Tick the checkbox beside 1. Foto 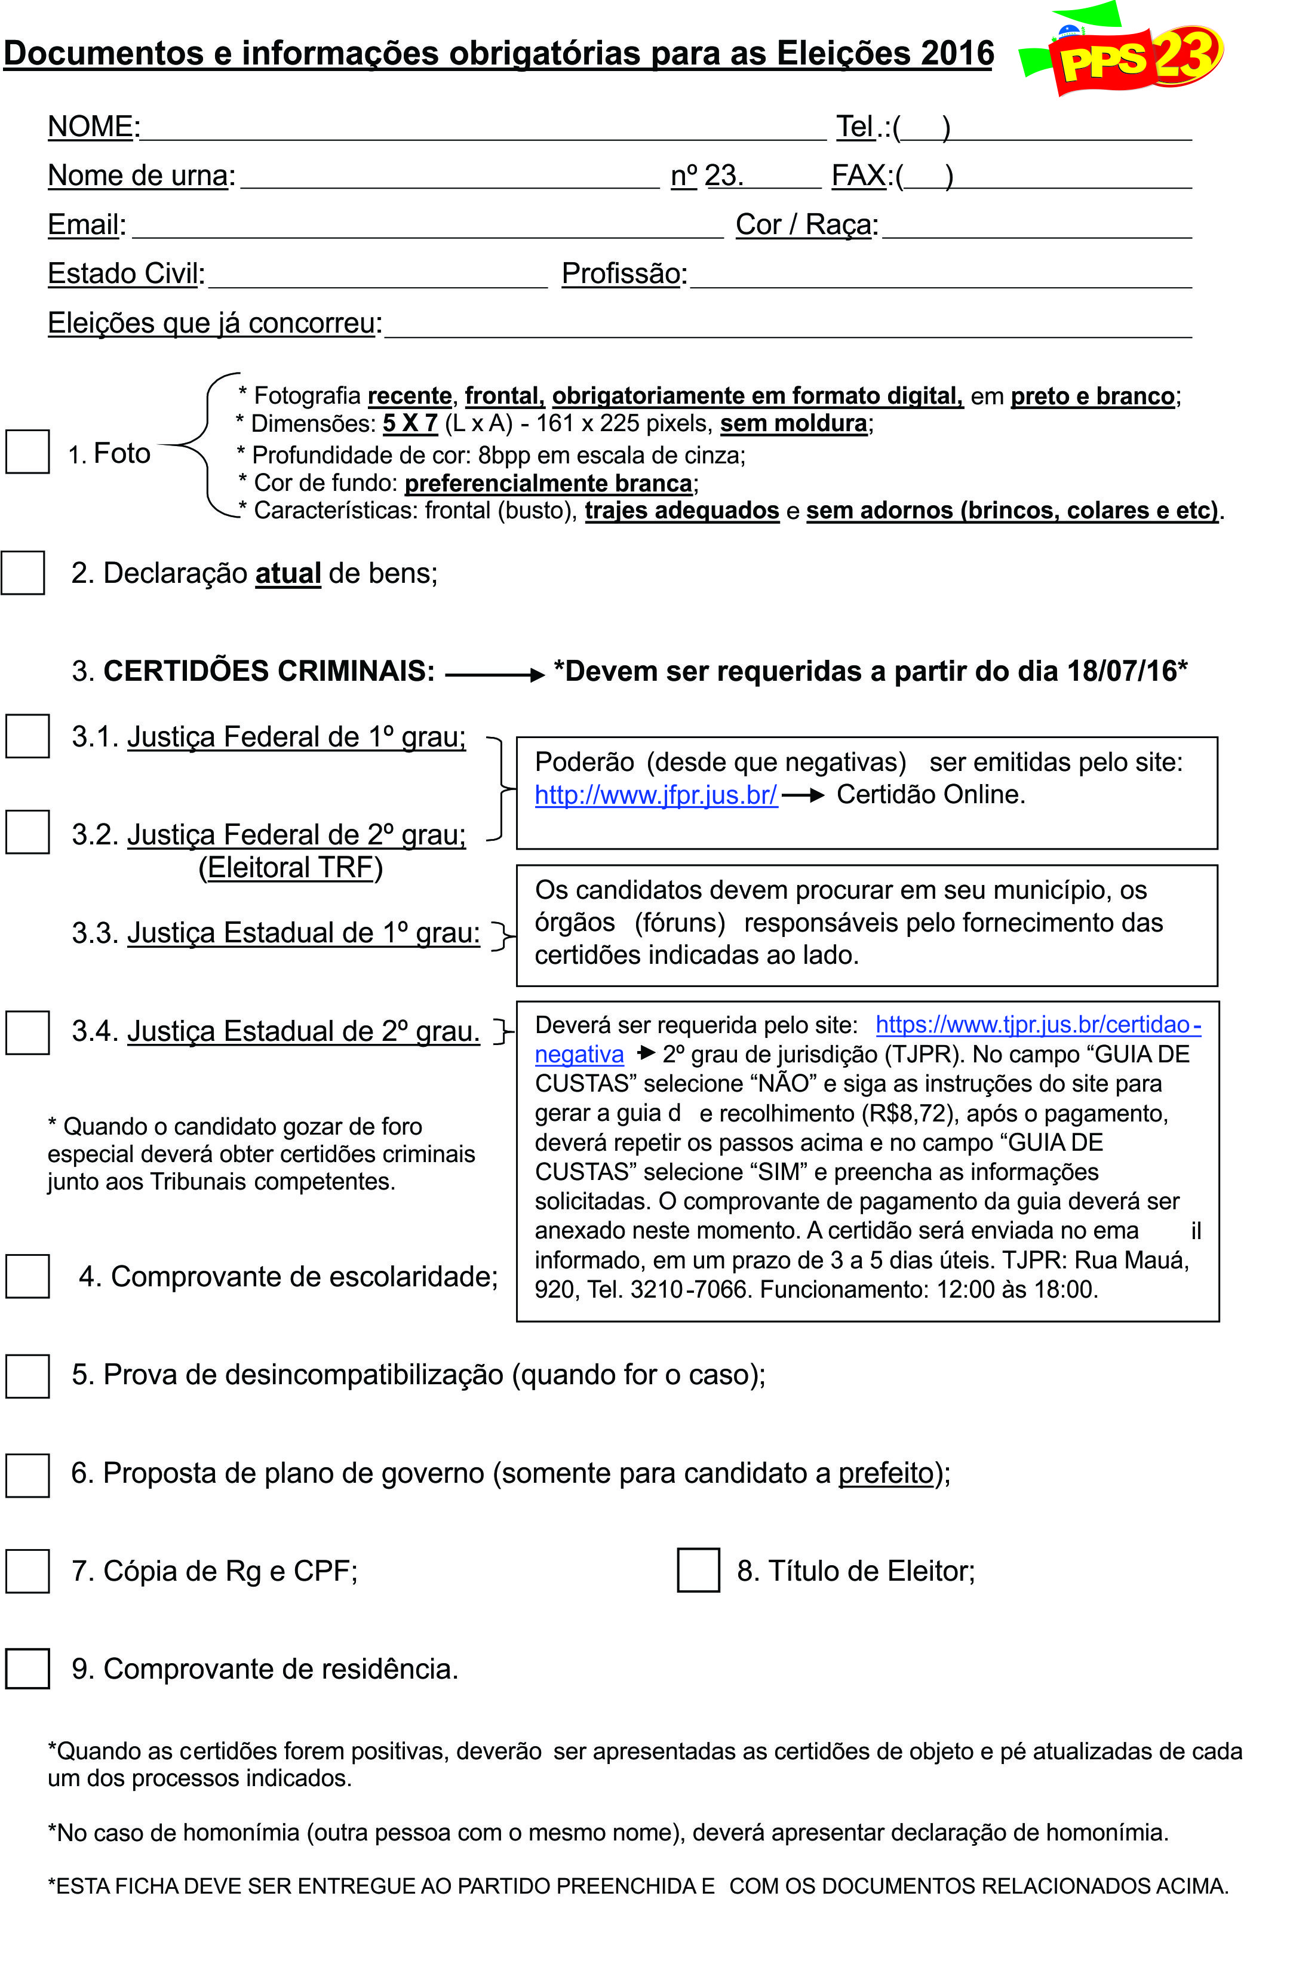[x=27, y=451]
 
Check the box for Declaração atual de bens [x=23, y=573]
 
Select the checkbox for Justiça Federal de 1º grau [x=27, y=736]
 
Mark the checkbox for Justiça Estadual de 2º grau [x=27, y=1033]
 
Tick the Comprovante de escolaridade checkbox [x=27, y=1276]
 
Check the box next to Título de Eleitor [x=698, y=1570]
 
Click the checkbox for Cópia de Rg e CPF [x=27, y=1571]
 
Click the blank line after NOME [x=483, y=129]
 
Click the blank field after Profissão [x=941, y=276]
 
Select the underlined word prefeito [x=885, y=1473]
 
